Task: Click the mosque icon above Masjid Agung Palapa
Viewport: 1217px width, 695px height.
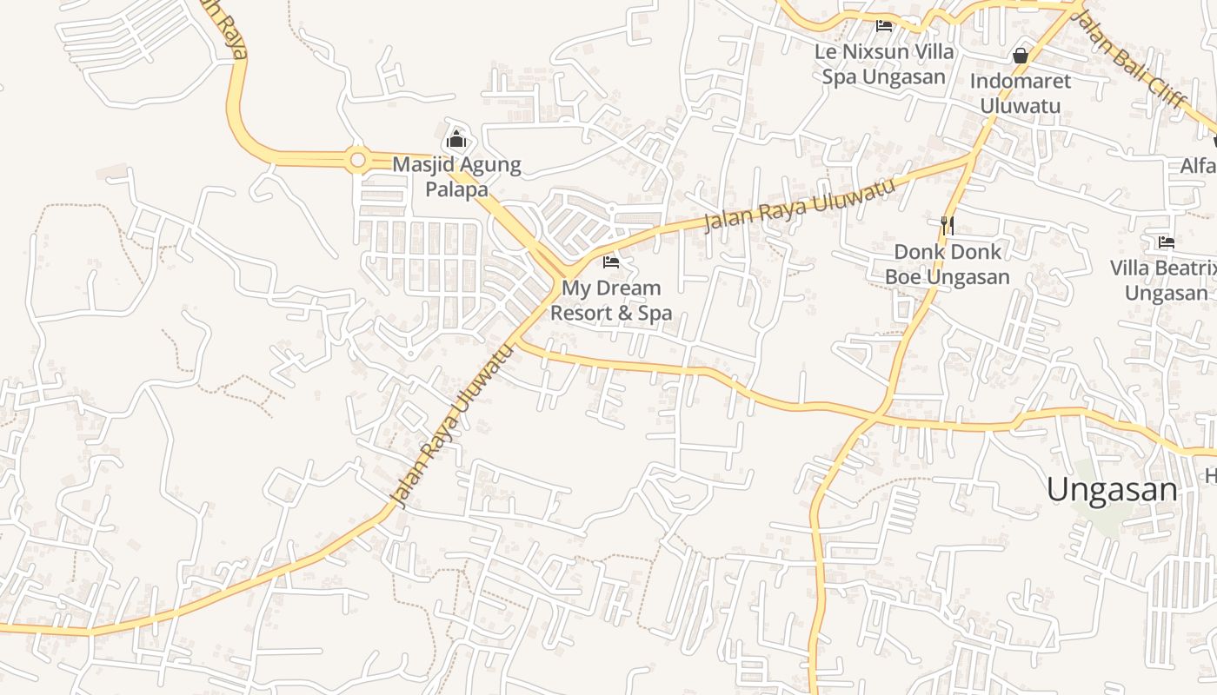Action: pos(456,139)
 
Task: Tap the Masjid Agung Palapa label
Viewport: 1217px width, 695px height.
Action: pos(456,176)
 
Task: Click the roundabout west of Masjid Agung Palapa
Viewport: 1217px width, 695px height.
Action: pos(357,160)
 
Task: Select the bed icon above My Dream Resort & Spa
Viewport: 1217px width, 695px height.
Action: pos(611,261)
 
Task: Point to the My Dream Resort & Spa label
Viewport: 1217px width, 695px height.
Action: pos(611,300)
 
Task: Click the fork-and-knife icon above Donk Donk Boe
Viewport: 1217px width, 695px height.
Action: pos(948,226)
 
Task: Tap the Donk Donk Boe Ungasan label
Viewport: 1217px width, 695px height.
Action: pos(948,264)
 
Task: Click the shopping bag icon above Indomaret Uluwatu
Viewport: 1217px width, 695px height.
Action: pos(1021,56)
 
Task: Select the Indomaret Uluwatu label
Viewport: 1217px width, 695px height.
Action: pos(1021,93)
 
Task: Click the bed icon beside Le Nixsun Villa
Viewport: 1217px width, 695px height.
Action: pos(884,26)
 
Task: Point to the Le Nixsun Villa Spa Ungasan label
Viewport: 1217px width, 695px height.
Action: pos(884,64)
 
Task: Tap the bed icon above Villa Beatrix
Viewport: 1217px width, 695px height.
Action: pos(1167,242)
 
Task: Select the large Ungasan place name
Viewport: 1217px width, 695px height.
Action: pos(1112,490)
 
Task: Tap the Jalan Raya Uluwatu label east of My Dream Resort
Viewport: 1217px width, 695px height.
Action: pos(798,206)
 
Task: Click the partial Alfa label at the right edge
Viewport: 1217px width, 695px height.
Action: pos(1198,165)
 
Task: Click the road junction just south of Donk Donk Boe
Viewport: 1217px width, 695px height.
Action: pos(878,415)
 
